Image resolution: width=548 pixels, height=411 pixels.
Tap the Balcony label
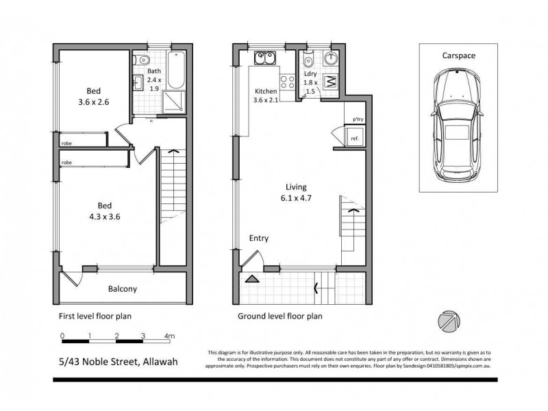coord(123,288)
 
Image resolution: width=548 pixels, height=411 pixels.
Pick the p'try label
coord(358,120)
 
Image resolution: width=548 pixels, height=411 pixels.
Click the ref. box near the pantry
coord(355,139)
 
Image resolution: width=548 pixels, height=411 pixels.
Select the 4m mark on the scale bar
coord(170,336)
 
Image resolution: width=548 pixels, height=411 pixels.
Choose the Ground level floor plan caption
coord(279,316)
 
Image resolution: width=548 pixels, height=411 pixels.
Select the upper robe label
coord(67,143)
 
